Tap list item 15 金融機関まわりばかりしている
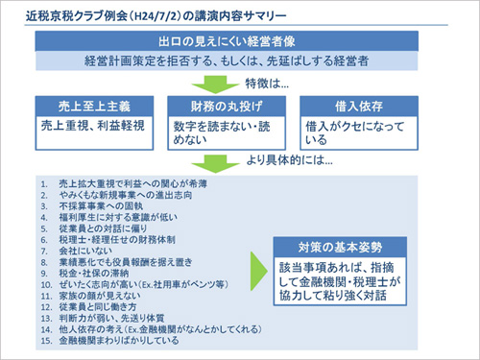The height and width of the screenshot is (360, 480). coord(119,339)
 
